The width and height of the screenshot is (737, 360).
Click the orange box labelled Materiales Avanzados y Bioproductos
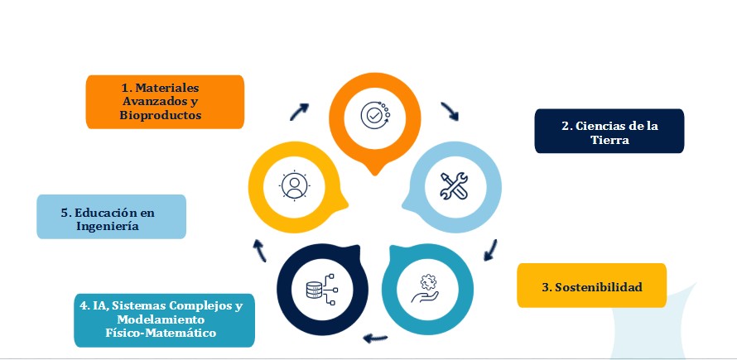(165, 102)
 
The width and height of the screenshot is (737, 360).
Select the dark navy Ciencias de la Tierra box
(609, 132)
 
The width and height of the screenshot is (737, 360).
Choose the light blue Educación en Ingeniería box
(111, 217)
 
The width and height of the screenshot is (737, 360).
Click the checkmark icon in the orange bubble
(374, 115)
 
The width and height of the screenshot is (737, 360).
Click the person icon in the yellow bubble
(293, 185)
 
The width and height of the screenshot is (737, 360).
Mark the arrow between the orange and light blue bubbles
(450, 112)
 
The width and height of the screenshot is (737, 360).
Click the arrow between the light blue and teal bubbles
(491, 248)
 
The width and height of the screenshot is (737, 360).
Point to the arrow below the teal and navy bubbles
(376, 337)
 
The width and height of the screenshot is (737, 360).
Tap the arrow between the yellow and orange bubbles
(299, 111)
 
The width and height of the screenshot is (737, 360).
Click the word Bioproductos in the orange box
(161, 116)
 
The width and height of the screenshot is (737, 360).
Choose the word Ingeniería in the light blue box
(106, 225)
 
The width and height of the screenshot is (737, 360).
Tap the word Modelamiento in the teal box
(163, 319)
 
